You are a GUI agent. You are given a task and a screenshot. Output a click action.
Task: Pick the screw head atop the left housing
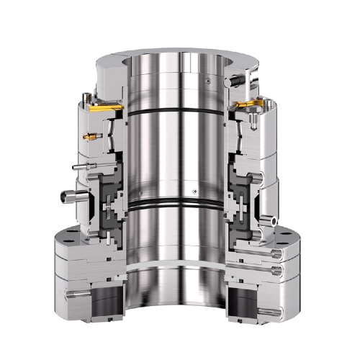[x=88, y=96]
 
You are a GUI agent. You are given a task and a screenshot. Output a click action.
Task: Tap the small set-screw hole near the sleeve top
[x=207, y=79]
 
